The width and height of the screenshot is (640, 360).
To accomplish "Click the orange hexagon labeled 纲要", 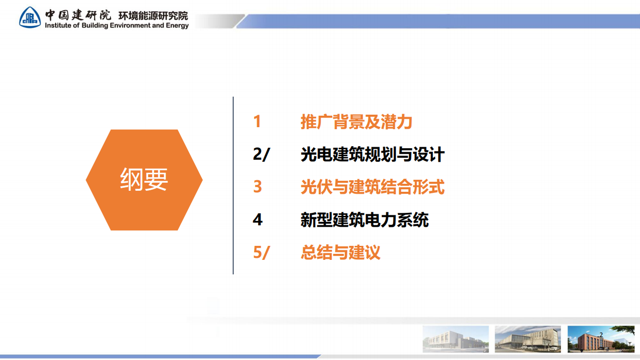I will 144,180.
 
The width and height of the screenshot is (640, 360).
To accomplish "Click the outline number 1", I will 257,122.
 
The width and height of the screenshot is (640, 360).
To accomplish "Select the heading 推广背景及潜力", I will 356,122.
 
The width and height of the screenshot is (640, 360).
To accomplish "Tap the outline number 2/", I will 261,155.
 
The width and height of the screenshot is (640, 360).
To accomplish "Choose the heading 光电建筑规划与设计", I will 372,155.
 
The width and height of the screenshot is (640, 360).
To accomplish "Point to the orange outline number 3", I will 257,187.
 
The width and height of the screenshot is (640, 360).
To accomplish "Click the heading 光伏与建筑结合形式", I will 372,187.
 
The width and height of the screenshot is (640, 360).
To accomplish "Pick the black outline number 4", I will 258,220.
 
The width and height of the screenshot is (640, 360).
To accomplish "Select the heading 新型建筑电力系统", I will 364,220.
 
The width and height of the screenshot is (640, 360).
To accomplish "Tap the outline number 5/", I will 261,252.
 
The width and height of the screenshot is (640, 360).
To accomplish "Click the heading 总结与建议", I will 340,252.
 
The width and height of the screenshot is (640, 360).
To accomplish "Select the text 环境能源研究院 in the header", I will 153,15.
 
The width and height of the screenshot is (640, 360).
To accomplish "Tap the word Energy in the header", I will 177,26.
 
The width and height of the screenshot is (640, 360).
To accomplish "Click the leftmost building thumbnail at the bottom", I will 455,339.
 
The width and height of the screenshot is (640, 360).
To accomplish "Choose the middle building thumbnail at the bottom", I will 527,339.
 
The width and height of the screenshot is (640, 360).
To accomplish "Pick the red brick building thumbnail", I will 600,339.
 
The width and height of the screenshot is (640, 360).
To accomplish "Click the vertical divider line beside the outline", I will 233,185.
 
